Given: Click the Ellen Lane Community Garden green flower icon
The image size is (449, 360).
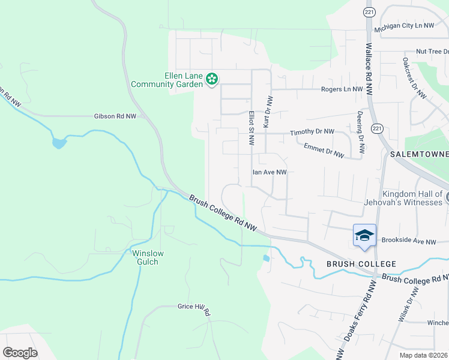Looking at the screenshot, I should tap(211, 79).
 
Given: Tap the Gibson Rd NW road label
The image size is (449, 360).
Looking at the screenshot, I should tap(115, 116).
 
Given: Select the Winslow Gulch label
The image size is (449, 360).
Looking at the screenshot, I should tap(148, 257).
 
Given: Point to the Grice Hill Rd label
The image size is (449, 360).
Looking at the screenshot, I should tap(194, 308).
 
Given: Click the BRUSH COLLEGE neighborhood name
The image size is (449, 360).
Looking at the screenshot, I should tap(361, 264).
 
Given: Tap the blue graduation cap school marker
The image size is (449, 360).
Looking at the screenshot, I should tap(364, 235).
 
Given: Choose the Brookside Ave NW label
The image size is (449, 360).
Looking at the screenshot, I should tap(408, 241).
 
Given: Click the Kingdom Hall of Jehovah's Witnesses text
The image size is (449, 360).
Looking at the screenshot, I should tap(403, 198).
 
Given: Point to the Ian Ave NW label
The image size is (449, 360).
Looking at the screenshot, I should tap(269, 172).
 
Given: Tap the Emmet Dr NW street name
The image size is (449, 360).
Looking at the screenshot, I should tap(324, 150).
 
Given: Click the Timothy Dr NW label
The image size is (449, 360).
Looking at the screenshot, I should tap(312, 132).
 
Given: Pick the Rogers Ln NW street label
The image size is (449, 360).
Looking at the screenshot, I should tap(342, 89).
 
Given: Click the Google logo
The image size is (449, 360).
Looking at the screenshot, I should tap(20, 352).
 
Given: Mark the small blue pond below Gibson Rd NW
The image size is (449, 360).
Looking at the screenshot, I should tap(59, 143).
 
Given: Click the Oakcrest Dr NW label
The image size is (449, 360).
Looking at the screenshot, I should tap(415, 78).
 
